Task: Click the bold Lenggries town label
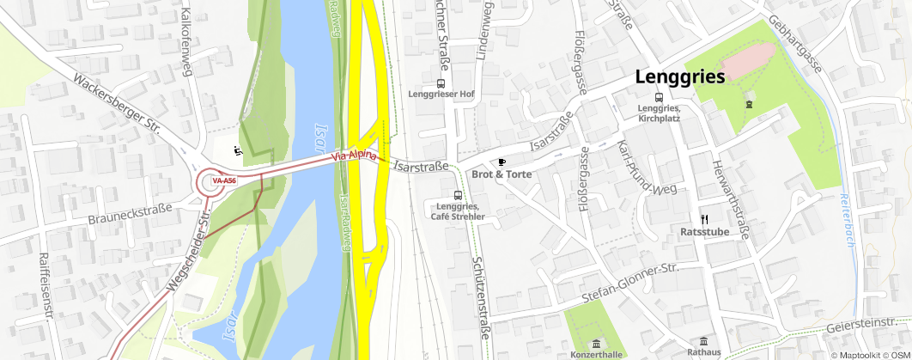pyautogui.click(x=680, y=76)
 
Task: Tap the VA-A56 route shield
pyautogui.click(x=224, y=181)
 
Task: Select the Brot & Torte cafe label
pyautogui.click(x=502, y=174)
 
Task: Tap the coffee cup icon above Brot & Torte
pyautogui.click(x=502, y=161)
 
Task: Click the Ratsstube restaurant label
pyautogui.click(x=704, y=231)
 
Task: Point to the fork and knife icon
pyautogui.click(x=704, y=218)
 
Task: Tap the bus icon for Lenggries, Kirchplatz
pyautogui.click(x=659, y=97)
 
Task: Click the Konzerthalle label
pyautogui.click(x=596, y=354)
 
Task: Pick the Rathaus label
pyautogui.click(x=703, y=352)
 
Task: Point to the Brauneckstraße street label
pyautogui.click(x=130, y=214)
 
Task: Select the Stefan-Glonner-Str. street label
pyautogui.click(x=630, y=284)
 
